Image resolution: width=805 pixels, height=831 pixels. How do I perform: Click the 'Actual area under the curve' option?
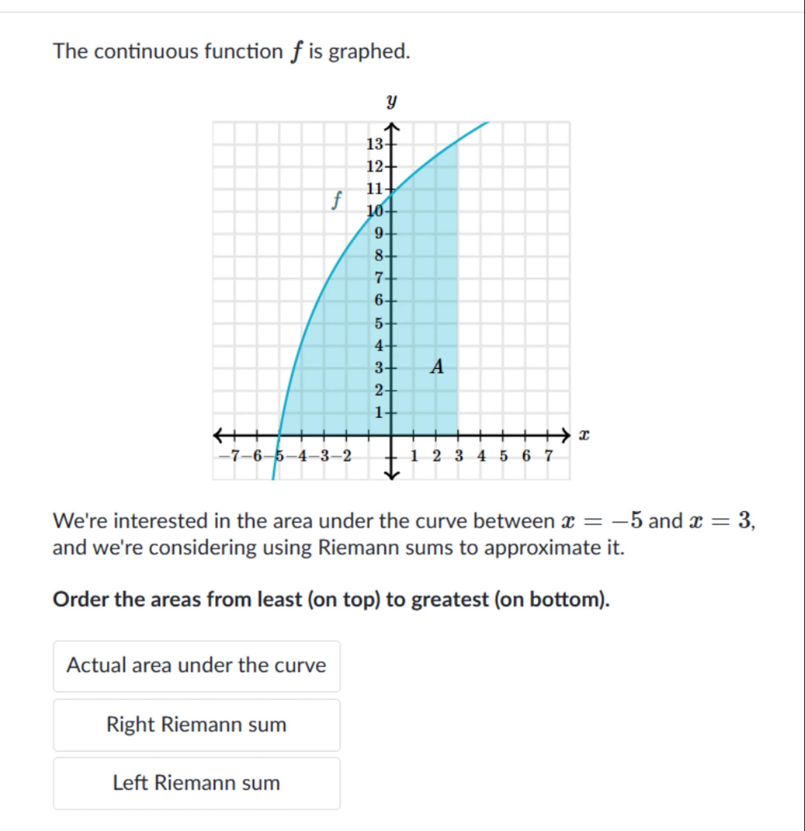click(x=196, y=665)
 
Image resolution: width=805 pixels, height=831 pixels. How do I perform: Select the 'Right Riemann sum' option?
click(x=196, y=724)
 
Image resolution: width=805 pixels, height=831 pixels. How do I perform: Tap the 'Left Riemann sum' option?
click(x=196, y=783)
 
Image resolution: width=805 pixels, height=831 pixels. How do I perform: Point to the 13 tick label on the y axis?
click(x=375, y=144)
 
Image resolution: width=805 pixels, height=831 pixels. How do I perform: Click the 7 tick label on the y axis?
click(x=379, y=278)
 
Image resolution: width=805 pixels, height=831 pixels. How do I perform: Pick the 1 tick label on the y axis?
click(x=379, y=412)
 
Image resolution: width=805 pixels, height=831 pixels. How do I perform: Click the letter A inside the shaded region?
click(x=437, y=366)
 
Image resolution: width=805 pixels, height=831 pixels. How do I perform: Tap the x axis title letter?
click(x=584, y=435)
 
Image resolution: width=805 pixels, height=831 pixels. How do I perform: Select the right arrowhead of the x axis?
click(x=567, y=435)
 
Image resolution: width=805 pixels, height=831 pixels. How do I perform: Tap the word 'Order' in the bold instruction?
click(x=79, y=599)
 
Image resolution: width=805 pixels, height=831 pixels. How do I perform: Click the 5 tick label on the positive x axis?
click(x=504, y=456)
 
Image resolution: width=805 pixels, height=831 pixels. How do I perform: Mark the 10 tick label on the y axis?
click(x=375, y=211)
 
